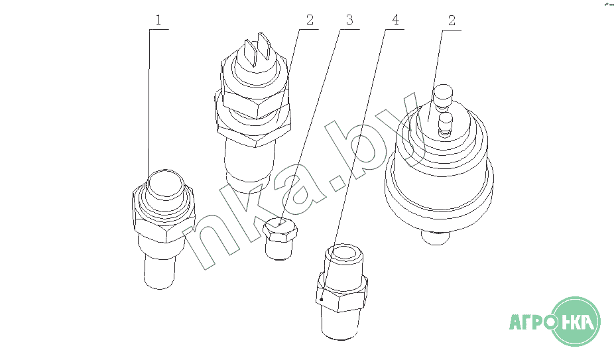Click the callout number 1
tap(158, 20)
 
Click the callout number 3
tap(349, 20)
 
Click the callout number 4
tap(395, 20)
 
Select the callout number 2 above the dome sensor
tap(452, 21)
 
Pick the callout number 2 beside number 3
tap(310, 20)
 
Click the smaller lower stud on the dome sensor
tap(445, 124)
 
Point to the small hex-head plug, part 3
tap(280, 239)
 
